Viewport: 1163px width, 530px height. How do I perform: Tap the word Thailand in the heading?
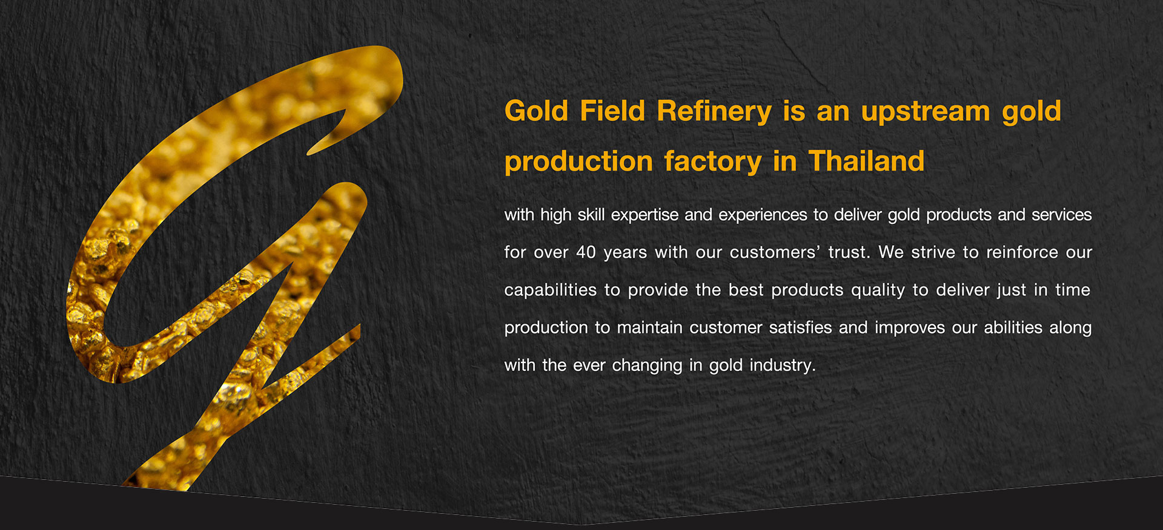click(x=867, y=161)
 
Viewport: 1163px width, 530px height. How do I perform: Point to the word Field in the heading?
click(x=612, y=111)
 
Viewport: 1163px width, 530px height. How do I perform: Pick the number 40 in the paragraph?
click(x=586, y=252)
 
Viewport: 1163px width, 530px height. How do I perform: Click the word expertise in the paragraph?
click(x=644, y=215)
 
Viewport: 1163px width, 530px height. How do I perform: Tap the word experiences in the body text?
click(x=763, y=215)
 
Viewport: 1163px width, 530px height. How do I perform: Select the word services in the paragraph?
click(x=1061, y=215)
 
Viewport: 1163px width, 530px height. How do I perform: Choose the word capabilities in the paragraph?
click(x=551, y=290)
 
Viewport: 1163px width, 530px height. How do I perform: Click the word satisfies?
click(x=801, y=327)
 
